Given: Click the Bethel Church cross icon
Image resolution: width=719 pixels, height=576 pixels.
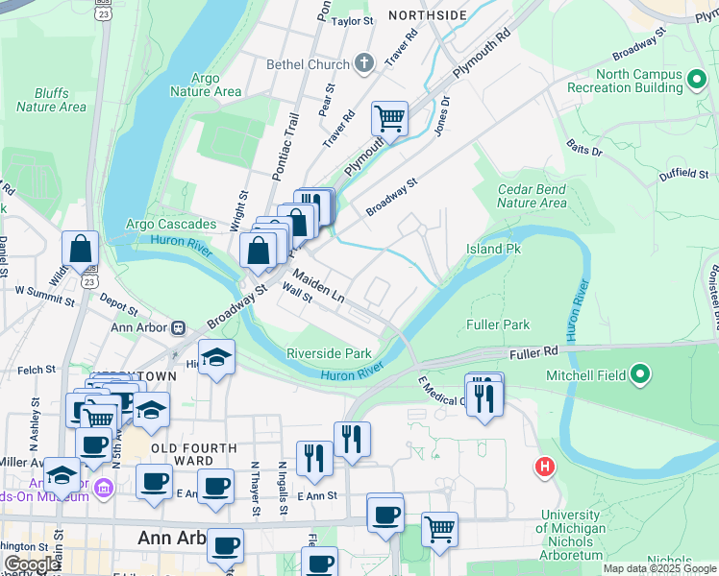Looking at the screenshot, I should [x=363, y=65].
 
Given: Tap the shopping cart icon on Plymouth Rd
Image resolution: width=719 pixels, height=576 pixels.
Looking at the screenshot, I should [x=389, y=119].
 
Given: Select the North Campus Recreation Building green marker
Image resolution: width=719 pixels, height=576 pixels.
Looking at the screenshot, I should [x=697, y=77].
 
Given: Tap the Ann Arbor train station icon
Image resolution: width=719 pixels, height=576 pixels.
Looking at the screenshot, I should [x=178, y=326].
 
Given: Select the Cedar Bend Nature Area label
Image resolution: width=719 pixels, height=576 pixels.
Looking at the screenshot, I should [x=532, y=196].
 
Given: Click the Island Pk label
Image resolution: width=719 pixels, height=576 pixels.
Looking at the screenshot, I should [x=493, y=249].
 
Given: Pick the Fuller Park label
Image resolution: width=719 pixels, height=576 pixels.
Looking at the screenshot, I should [x=498, y=325].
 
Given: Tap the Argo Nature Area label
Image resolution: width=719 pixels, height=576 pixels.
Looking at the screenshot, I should [x=205, y=84].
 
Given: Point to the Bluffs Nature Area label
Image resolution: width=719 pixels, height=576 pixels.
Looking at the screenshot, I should [x=51, y=100].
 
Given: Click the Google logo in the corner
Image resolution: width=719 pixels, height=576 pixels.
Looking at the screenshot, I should [x=31, y=564].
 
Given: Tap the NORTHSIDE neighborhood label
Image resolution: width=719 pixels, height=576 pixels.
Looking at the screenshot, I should [x=427, y=15].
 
